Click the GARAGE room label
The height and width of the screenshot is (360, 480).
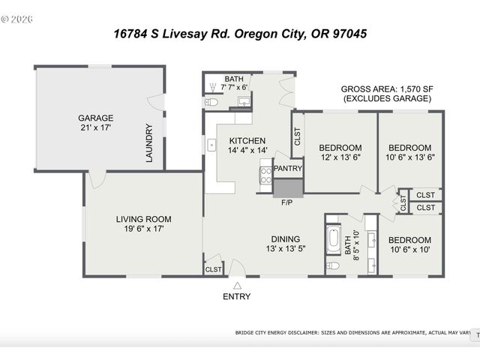tap(96, 118)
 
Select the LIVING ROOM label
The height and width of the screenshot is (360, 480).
tap(143, 219)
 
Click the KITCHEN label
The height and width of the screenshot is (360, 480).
tap(247, 141)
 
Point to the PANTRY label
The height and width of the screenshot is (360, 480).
tap(287, 169)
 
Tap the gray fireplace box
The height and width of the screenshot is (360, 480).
tap(287, 187)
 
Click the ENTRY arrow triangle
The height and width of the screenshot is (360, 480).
tap(237, 285)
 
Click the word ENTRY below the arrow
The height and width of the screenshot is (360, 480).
tap(237, 296)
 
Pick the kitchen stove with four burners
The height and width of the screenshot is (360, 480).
tap(265, 175)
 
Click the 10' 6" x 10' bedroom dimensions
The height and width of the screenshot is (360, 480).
tap(409, 250)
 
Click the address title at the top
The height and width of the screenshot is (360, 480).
tap(239, 34)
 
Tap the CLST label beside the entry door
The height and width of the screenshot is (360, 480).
tap(213, 268)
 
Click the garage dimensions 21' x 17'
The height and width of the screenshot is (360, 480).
tap(96, 127)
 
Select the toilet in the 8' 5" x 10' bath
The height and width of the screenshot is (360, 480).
tap(334, 265)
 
